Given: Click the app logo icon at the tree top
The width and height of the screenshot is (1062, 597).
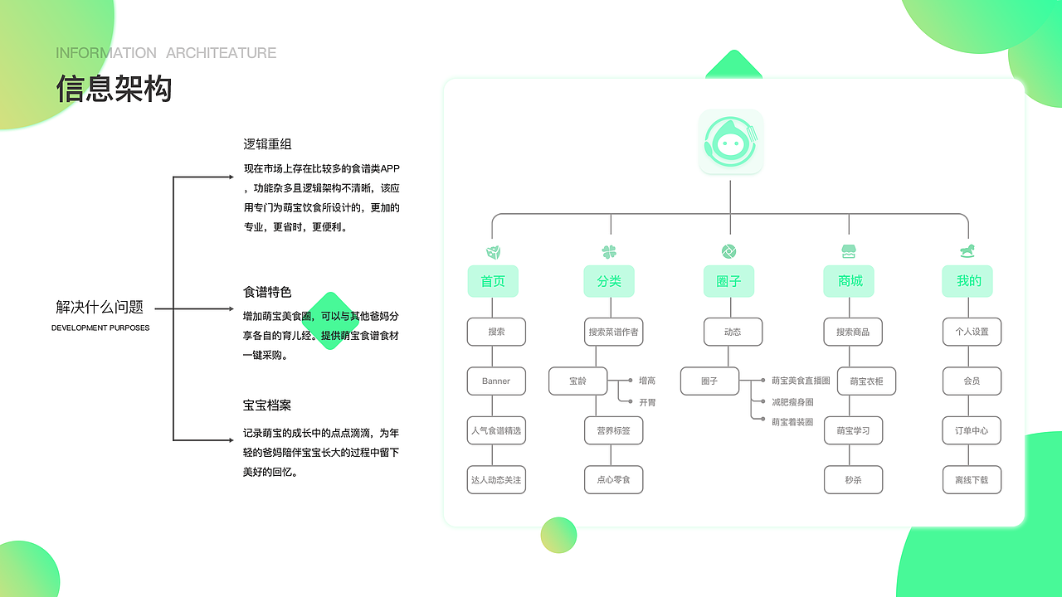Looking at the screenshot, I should [x=730, y=143].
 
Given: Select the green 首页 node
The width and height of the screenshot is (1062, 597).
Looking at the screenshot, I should [x=493, y=281].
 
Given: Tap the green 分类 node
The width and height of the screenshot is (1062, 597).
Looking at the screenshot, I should [x=609, y=281].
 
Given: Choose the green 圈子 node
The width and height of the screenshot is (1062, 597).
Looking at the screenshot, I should [x=728, y=281].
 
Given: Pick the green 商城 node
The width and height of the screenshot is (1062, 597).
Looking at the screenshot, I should [x=850, y=281].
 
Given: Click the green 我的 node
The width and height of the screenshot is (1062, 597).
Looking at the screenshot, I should [x=968, y=281].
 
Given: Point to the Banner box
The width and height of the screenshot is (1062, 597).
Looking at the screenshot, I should [x=496, y=381].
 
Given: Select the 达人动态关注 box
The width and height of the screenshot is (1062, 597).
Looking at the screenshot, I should [x=496, y=480].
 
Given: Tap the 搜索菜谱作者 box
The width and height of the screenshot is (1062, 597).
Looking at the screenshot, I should [x=613, y=332].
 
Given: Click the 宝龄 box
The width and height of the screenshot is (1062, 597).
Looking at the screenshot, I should [x=577, y=381].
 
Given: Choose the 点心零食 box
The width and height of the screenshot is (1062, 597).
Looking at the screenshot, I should [x=613, y=480].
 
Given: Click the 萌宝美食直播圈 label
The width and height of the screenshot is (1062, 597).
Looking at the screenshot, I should [x=801, y=381].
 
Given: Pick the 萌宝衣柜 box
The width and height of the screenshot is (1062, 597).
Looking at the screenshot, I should [x=866, y=381].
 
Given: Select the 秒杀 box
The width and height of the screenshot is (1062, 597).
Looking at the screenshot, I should [x=853, y=480].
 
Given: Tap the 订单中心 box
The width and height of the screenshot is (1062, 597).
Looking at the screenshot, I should [x=972, y=431].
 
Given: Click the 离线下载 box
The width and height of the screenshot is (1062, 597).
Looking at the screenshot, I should [x=972, y=480].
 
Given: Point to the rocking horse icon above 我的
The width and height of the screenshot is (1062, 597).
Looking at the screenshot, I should [x=967, y=250].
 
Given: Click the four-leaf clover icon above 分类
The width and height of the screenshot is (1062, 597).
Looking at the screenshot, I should [x=609, y=252].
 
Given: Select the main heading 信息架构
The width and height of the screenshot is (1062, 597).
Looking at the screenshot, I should [x=114, y=88].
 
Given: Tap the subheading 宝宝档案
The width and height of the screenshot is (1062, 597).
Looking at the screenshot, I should [x=267, y=405].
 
